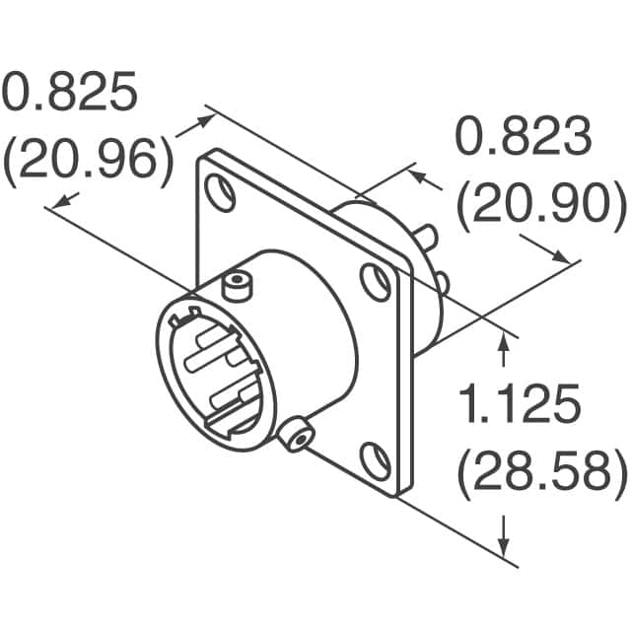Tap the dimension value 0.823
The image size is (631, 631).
point(523,138)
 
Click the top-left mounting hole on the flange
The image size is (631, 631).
point(221,192)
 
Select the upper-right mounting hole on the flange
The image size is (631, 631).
point(374,281)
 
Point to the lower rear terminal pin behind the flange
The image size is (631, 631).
point(443,284)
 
